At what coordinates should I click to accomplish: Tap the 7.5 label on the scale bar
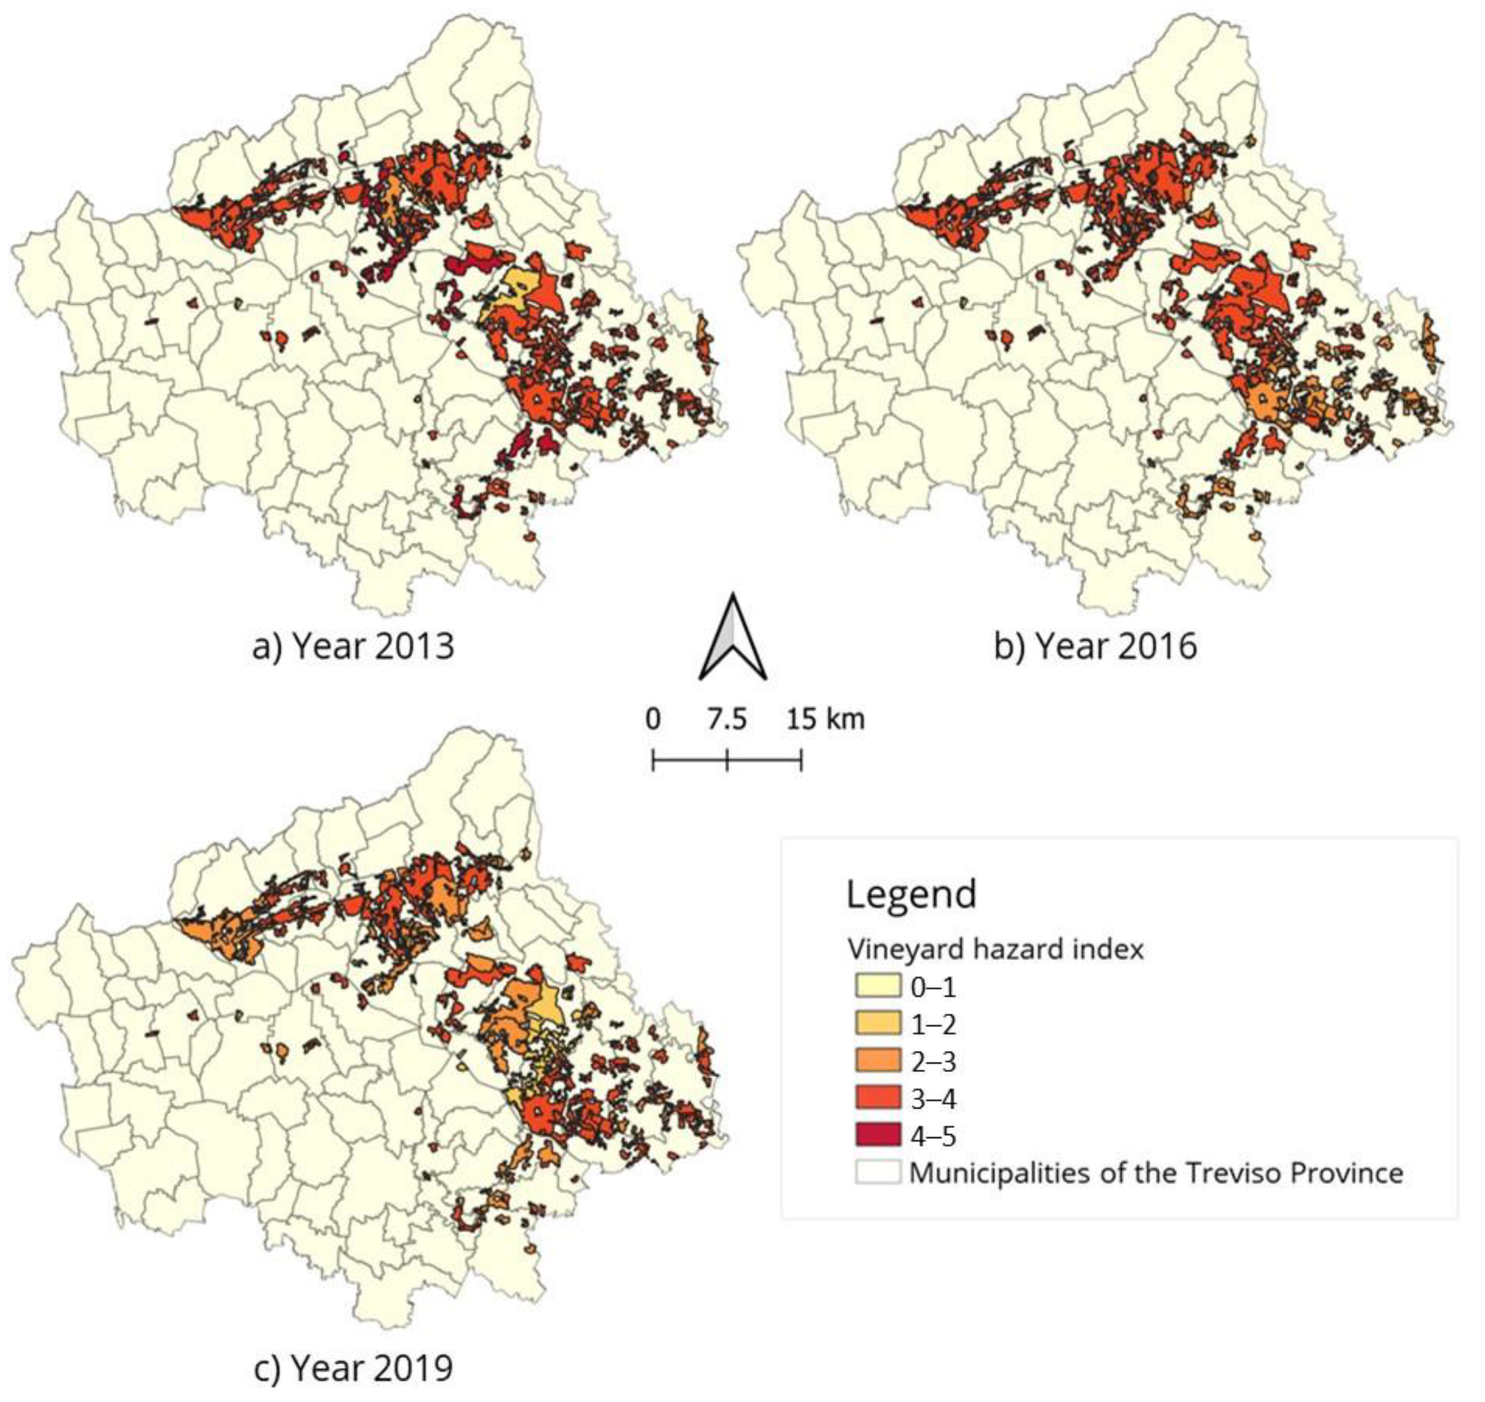pyautogui.click(x=727, y=719)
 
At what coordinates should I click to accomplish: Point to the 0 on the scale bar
pyautogui.click(x=653, y=719)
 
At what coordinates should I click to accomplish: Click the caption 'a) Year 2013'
pyautogui.click(x=352, y=646)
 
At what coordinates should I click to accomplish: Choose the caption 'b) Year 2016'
pyautogui.click(x=1095, y=646)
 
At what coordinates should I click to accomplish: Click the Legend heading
pyautogui.click(x=910, y=894)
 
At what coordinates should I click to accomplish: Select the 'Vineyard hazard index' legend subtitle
pyautogui.click(x=995, y=950)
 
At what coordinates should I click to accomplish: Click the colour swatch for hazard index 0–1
pyautogui.click(x=878, y=987)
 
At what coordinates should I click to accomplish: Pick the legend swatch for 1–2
pyautogui.click(x=878, y=1024)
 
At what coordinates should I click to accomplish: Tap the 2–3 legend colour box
pyautogui.click(x=878, y=1061)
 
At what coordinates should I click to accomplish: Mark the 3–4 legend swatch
pyautogui.click(x=878, y=1099)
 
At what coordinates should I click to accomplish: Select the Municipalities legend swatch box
pyautogui.click(x=878, y=1172)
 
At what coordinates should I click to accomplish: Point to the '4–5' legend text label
pyautogui.click(x=933, y=1137)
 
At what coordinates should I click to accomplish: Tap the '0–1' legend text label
pyautogui.click(x=933, y=988)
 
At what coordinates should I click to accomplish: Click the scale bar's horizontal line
pyautogui.click(x=762, y=761)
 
